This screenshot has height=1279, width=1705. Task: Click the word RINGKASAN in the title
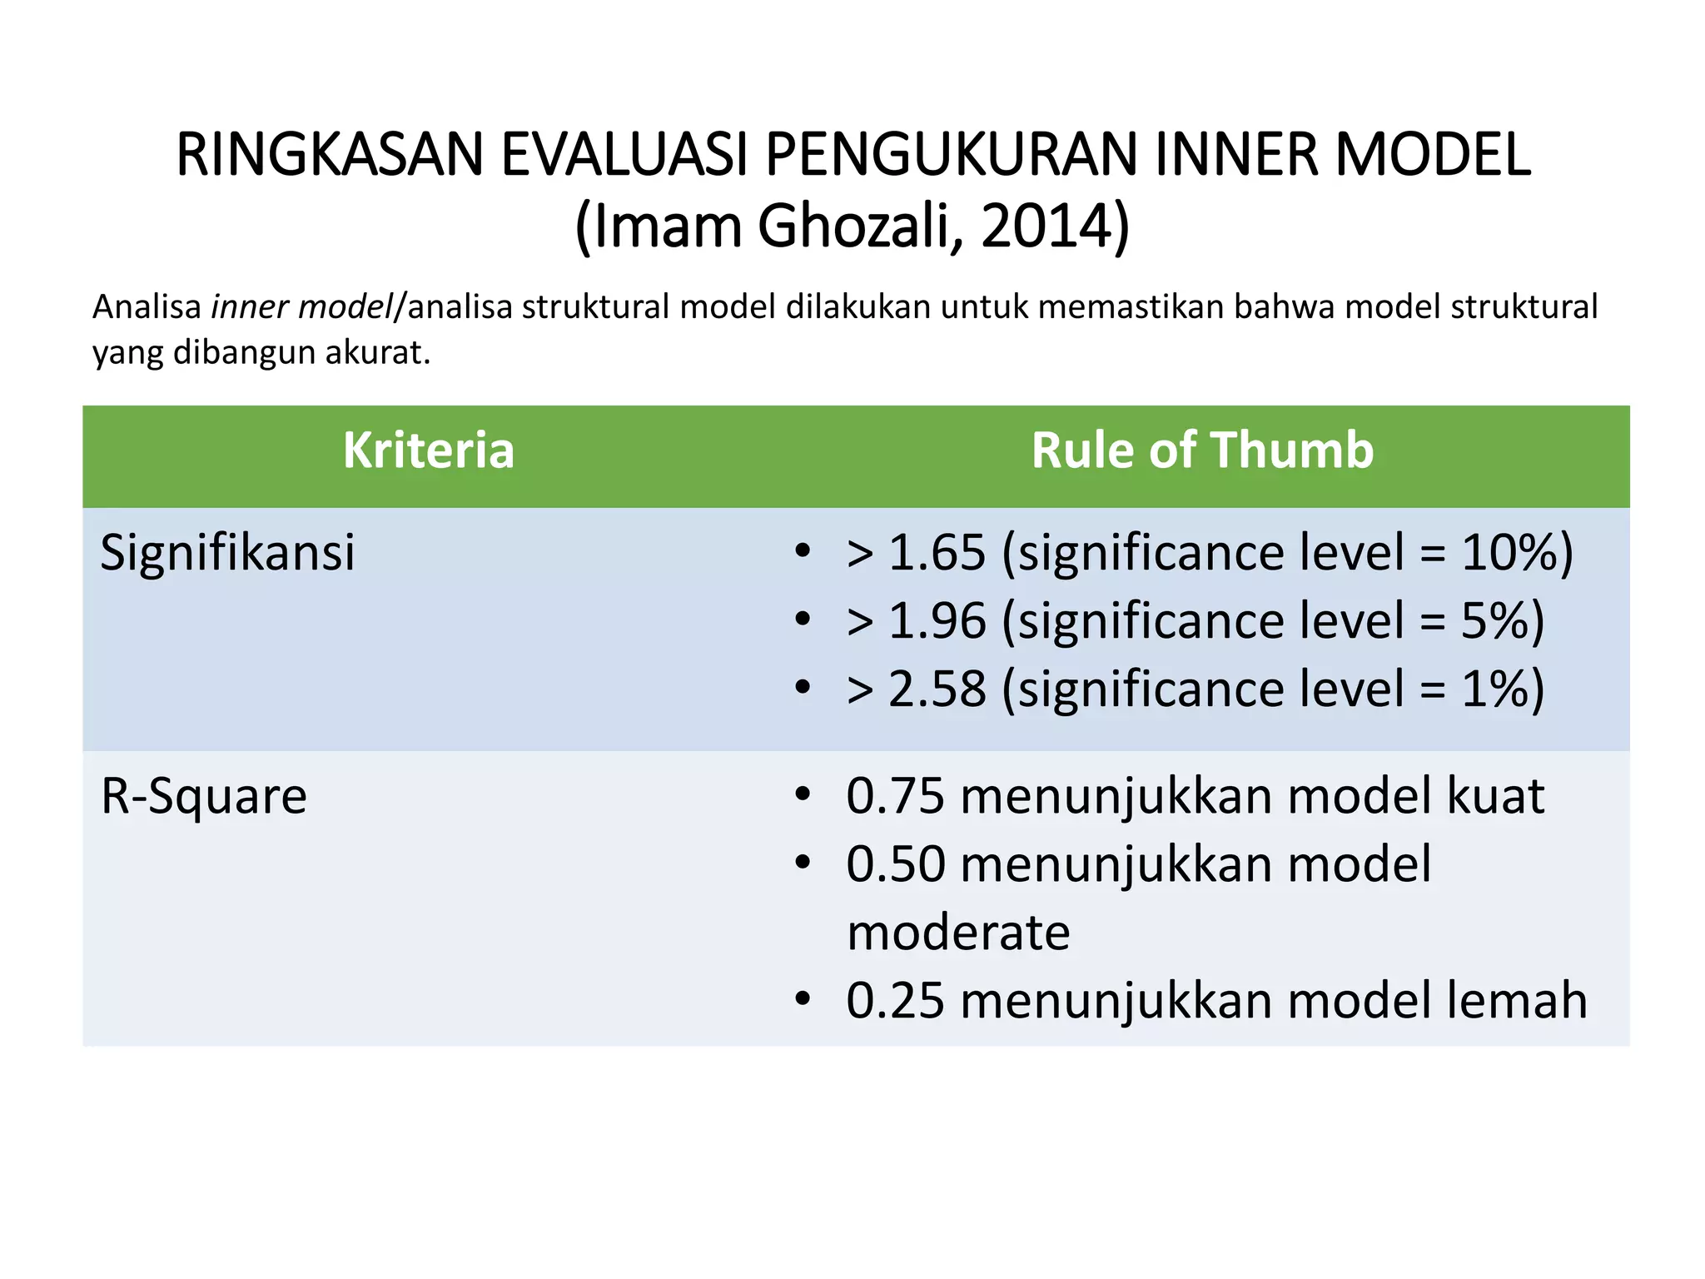(x=330, y=156)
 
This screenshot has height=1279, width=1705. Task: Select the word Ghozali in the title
(x=854, y=226)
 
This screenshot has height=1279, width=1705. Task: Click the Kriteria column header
(x=429, y=450)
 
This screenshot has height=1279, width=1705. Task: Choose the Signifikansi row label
(x=227, y=553)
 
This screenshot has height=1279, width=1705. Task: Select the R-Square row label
(x=204, y=796)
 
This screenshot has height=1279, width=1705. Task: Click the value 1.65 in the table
(x=937, y=553)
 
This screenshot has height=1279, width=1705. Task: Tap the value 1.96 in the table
(x=937, y=621)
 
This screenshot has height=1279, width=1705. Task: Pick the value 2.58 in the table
(x=937, y=689)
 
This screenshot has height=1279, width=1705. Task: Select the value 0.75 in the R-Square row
(x=895, y=796)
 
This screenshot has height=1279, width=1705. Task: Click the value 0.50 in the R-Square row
(x=895, y=864)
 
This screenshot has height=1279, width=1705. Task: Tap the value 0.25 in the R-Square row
(x=895, y=1001)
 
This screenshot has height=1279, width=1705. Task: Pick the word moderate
(x=958, y=933)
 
